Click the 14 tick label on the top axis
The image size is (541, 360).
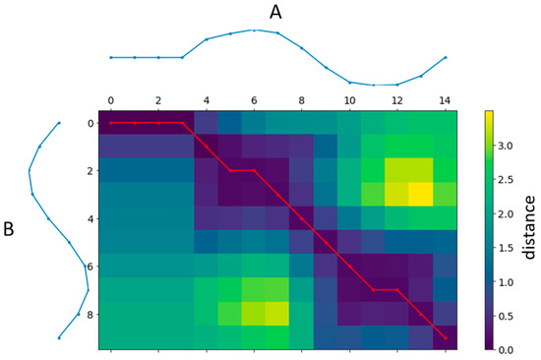click(x=446, y=100)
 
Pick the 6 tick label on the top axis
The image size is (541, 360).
click(x=254, y=100)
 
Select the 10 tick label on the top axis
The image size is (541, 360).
click(x=350, y=100)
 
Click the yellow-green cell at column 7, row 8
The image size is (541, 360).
click(x=277, y=314)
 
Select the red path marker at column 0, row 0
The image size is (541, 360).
click(x=110, y=123)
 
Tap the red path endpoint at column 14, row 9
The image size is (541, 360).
click(x=446, y=337)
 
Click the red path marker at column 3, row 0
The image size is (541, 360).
click(x=182, y=123)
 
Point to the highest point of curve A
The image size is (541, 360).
click(x=254, y=30)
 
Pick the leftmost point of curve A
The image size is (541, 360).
click(x=110, y=57)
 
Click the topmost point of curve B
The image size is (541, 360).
click(x=59, y=123)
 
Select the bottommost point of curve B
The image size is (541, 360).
click(x=59, y=337)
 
